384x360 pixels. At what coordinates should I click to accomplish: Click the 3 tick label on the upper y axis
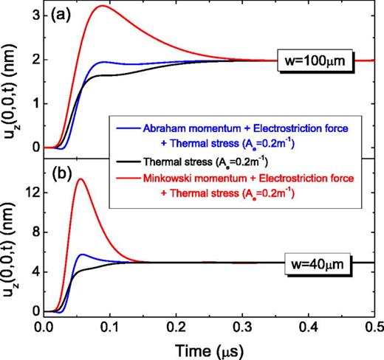35,13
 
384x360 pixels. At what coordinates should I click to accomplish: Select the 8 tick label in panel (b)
35,232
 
